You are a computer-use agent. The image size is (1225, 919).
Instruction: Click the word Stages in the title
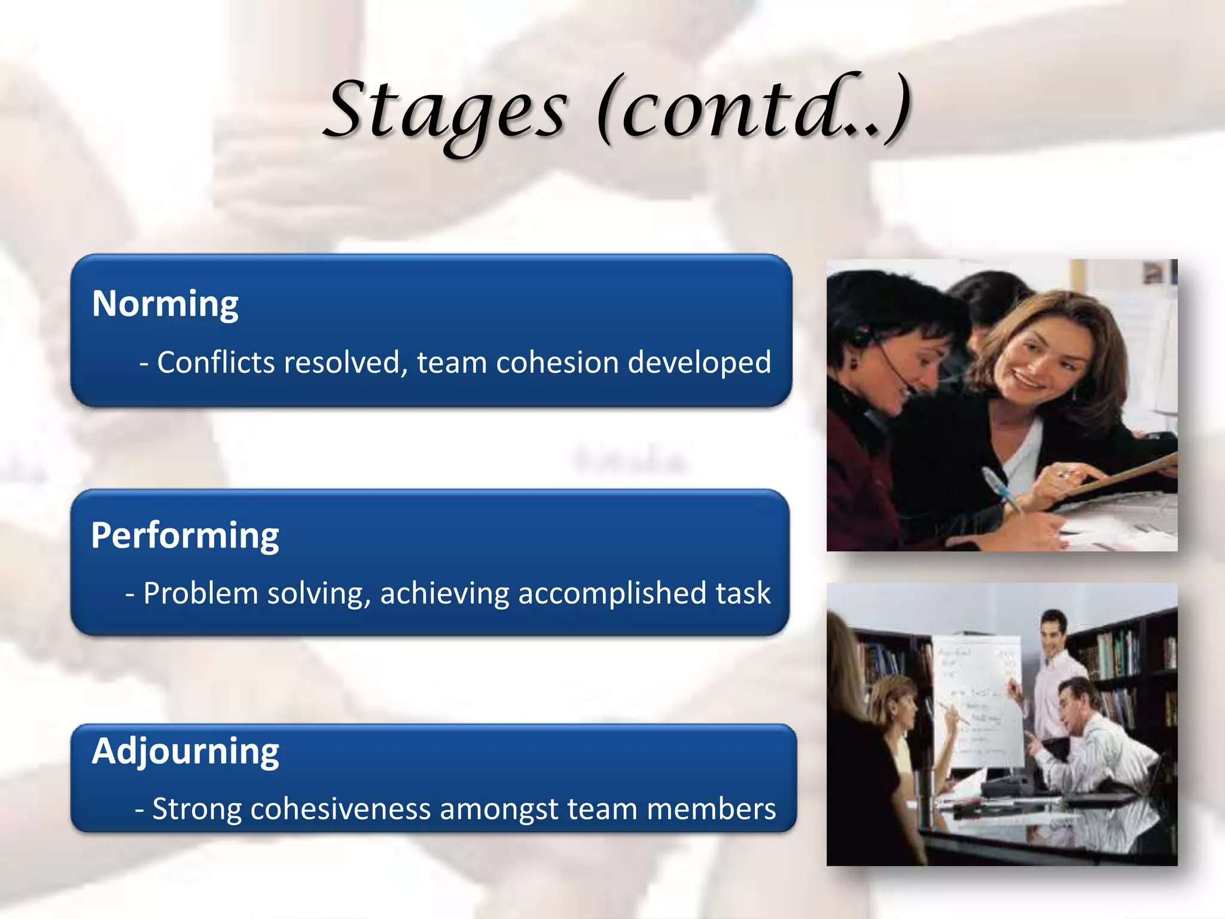446,111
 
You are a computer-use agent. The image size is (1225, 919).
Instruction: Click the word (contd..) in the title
755,111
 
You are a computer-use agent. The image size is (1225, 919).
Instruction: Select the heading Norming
165,304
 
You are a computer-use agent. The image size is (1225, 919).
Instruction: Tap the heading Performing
185,535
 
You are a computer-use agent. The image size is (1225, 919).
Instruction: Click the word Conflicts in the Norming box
218,363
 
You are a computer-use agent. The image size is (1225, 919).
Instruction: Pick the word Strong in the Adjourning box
197,809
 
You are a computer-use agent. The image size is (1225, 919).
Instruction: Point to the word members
711,809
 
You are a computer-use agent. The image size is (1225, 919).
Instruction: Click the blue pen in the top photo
1000,488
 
